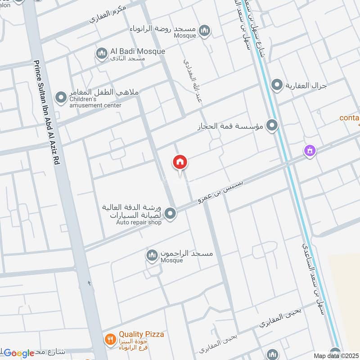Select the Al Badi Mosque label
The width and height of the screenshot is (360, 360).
(137, 52)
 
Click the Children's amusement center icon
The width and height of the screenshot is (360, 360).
(61, 97)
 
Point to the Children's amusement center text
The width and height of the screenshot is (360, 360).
(95, 102)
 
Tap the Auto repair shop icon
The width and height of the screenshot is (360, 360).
(170, 214)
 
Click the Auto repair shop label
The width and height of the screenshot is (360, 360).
(139, 222)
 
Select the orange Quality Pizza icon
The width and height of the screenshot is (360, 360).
(110, 338)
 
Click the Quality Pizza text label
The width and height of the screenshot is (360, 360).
(141, 334)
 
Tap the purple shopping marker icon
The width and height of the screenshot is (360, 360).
(310, 150)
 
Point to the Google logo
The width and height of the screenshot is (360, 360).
(19, 353)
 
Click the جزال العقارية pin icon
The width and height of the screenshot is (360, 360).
(277, 85)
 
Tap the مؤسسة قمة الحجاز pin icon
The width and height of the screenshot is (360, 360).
(271, 126)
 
